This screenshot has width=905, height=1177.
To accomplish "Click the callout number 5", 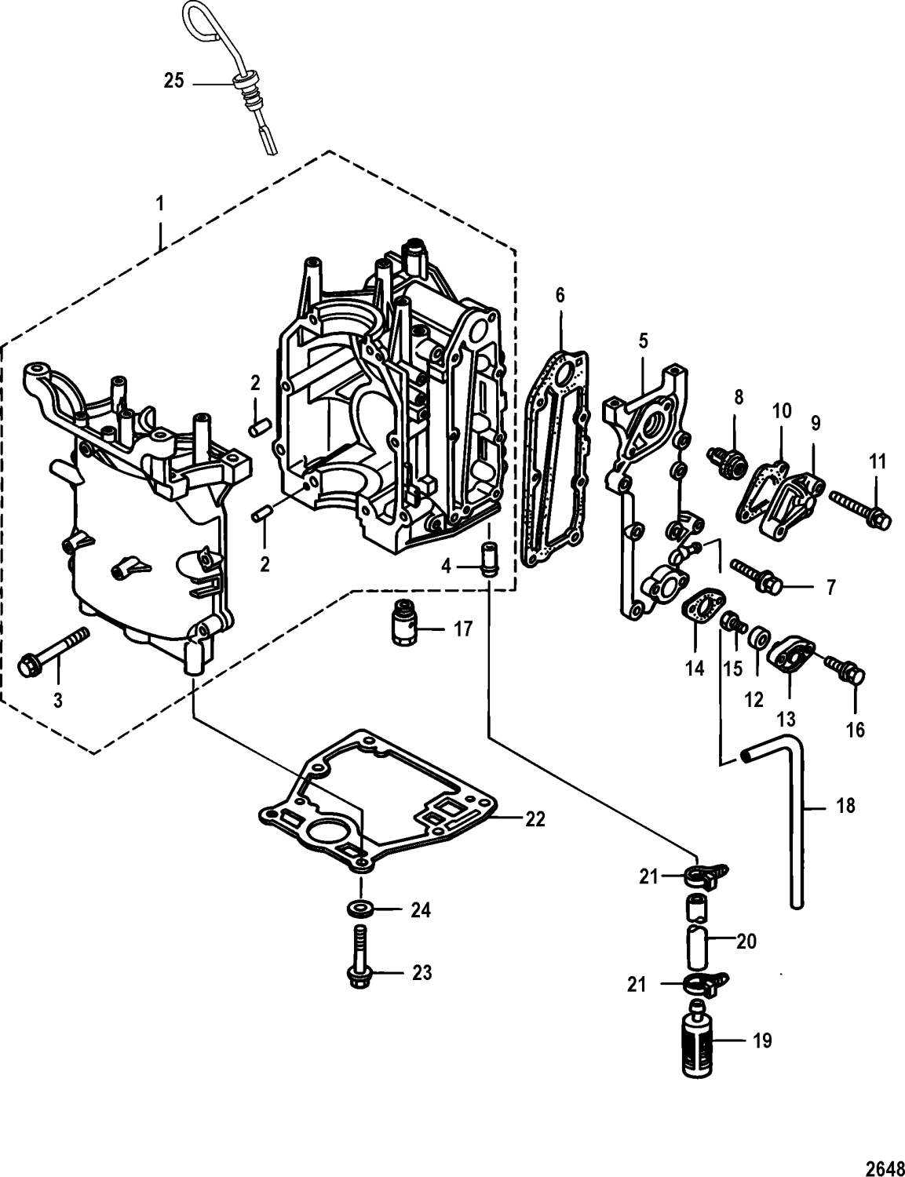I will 643,341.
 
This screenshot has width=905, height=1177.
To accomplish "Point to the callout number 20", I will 746,940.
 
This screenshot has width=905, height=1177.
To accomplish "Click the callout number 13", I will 786,719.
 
